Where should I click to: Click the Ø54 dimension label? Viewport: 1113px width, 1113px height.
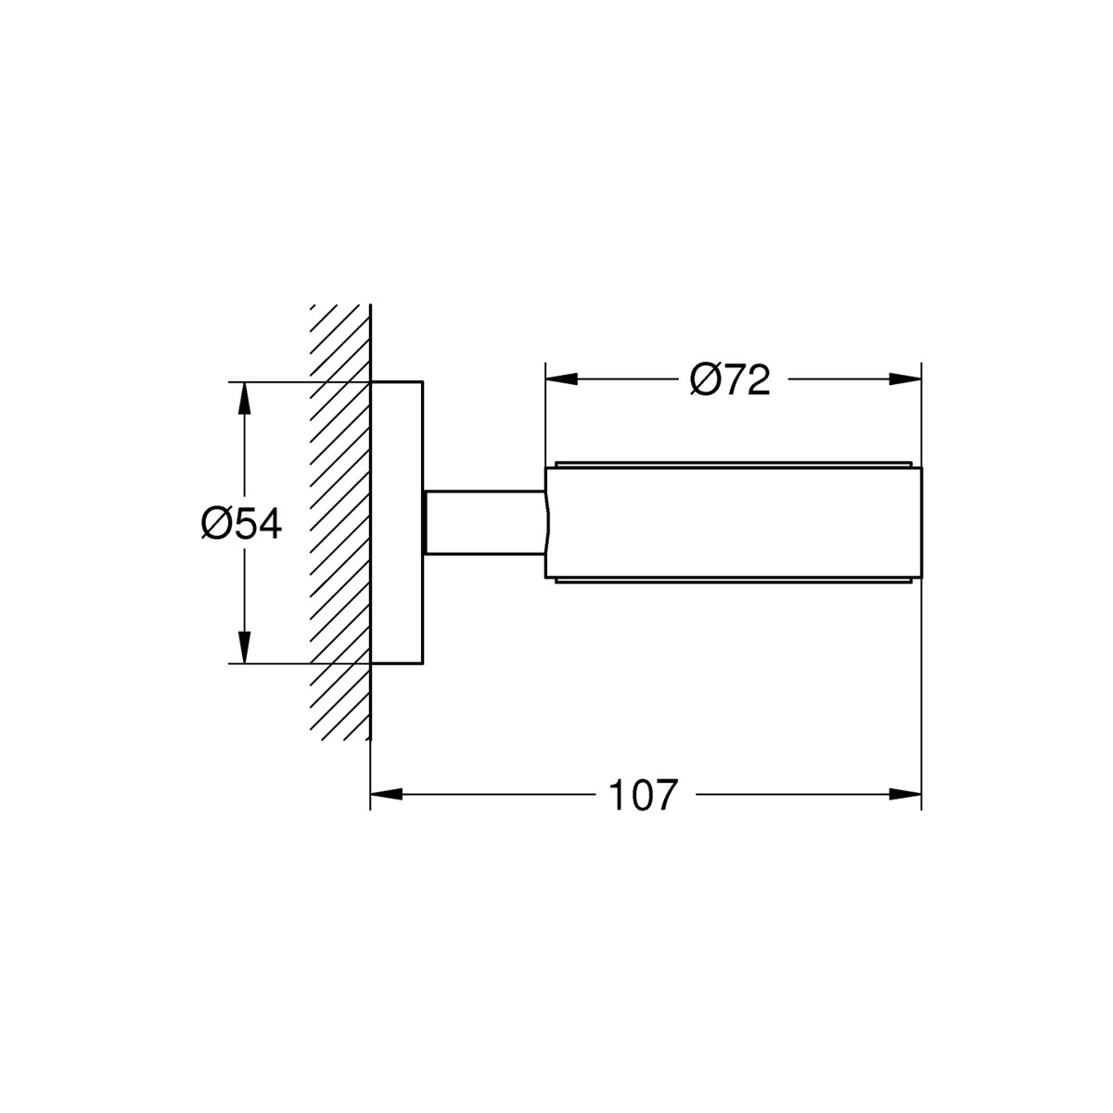point(241,524)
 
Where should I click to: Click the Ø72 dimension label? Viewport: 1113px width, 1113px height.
point(730,379)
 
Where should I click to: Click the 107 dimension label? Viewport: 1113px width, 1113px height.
point(642,795)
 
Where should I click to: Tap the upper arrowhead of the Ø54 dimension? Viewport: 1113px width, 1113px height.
point(245,399)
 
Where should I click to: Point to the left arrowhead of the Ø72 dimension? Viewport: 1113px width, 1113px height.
point(562,379)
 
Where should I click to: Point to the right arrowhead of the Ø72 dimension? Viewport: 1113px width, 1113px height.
point(905,379)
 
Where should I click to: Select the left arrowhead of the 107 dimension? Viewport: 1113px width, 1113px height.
point(387,794)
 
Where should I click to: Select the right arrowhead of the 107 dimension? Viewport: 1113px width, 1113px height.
point(905,794)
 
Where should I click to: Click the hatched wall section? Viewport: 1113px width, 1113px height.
point(340,523)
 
